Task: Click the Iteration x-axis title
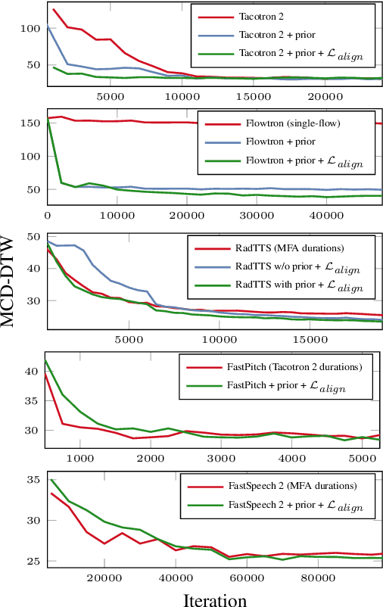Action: [214, 599]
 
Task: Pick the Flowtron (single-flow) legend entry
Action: [282, 123]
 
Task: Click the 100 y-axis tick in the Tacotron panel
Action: [28, 29]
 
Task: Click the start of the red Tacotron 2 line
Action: [53, 9]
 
